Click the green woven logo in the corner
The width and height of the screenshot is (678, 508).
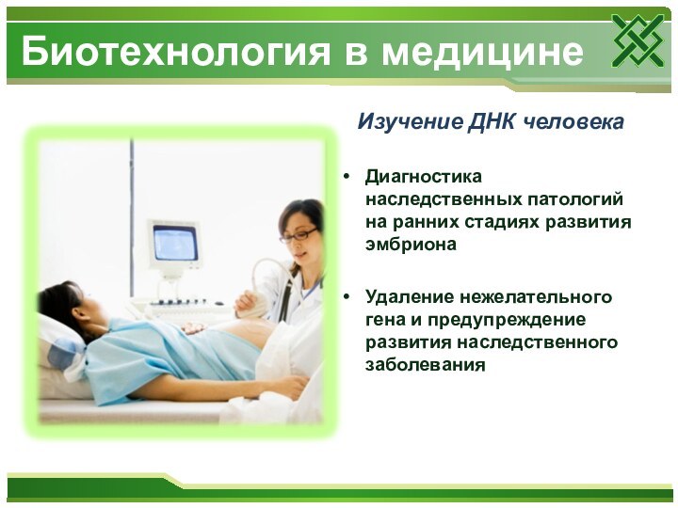[x=638, y=41]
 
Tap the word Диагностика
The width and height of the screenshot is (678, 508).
[x=423, y=176]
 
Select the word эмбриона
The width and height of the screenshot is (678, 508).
[x=411, y=244]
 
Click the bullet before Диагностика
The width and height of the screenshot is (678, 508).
[x=348, y=177]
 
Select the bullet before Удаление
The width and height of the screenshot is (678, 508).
[x=348, y=298]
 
